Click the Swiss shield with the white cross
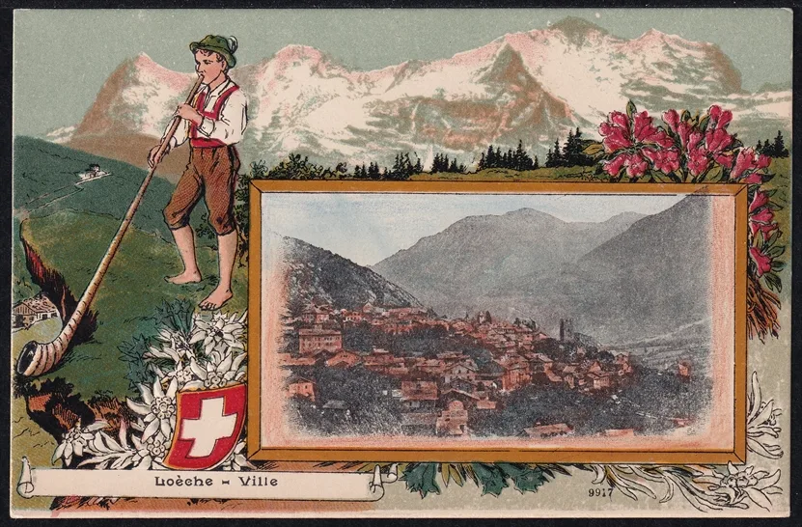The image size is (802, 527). tap(206, 425)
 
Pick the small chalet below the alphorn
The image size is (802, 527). tap(34, 311)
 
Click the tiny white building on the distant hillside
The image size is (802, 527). tap(93, 172)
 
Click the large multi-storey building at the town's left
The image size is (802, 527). tap(319, 338)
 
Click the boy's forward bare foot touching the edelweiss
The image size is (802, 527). tap(216, 298)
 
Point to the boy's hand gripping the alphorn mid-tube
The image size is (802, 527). tap(155, 155)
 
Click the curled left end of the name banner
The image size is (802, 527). tap(26, 480)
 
